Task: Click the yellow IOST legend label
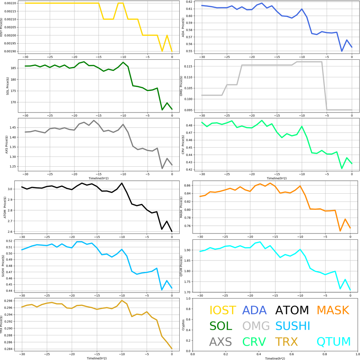point(223,310)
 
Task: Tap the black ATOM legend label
point(292,310)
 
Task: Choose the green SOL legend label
point(221,326)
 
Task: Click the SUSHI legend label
point(292,326)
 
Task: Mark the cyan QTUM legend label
point(334,342)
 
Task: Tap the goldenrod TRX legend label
point(286,342)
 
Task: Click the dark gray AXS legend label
point(220,342)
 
